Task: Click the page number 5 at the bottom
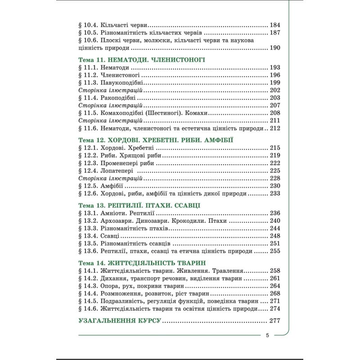pyautogui.click(x=267, y=335)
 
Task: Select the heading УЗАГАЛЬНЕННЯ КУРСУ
pyautogui.click(x=120, y=321)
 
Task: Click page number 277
pyautogui.click(x=274, y=321)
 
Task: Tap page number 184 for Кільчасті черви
pyautogui.click(x=274, y=26)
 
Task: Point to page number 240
pyautogui.click(x=274, y=221)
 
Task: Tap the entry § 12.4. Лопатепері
pyautogui.click(x=107, y=171)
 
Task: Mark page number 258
pyautogui.click(x=274, y=271)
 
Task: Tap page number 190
pyautogui.click(x=274, y=49)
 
